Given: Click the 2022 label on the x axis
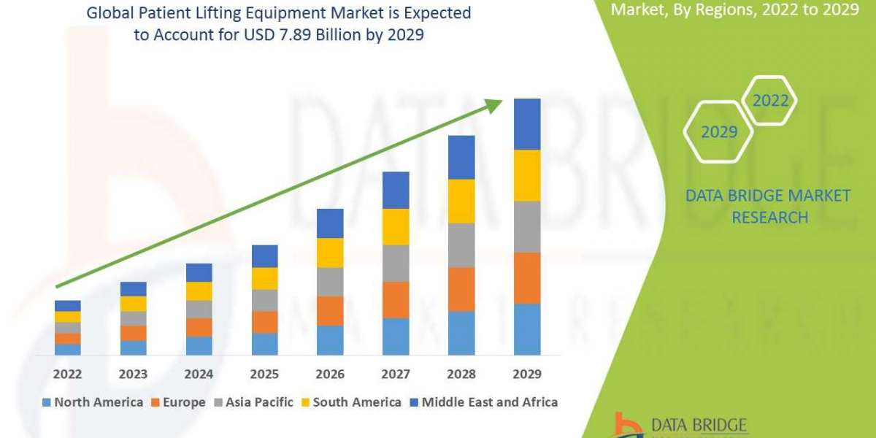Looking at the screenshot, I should coord(67,374).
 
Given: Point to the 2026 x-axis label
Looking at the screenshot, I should coord(330,374).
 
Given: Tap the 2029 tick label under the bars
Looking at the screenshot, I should coord(527,374).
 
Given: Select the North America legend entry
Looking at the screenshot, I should coord(93,402).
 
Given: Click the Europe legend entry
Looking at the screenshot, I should coord(178,402).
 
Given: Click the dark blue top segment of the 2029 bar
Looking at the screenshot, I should coord(527,124).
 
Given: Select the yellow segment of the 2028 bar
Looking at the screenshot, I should coord(461,201).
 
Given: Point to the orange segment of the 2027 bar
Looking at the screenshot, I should coord(396,299).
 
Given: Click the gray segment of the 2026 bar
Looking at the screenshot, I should coord(330,281).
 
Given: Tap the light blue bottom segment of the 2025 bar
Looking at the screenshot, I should coord(264,344).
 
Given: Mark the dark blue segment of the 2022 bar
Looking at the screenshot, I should coord(67,305).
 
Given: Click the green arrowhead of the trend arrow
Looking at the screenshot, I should coord(494,106).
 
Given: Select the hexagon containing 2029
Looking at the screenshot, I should coord(718,131).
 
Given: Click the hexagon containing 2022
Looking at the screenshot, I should coord(770,101).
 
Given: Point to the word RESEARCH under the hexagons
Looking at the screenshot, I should coord(769,217).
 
